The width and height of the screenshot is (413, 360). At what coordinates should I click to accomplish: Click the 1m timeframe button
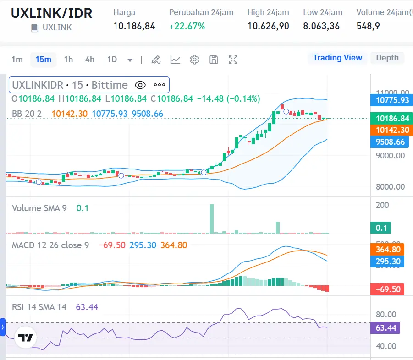[x=17, y=60]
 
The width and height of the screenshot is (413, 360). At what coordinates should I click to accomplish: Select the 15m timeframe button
[x=44, y=60]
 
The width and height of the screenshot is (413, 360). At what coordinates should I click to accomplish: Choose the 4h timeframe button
[x=90, y=60]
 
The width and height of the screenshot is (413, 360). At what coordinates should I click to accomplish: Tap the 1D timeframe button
[x=112, y=60]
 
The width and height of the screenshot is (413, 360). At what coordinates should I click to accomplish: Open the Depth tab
[x=387, y=58]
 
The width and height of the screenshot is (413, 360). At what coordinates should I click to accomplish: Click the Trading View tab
[x=337, y=58]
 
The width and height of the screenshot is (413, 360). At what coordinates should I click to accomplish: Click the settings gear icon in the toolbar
[x=194, y=60]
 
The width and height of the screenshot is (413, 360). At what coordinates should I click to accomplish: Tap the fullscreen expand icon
[x=233, y=60]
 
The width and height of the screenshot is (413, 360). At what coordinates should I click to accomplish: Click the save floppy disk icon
[x=214, y=60]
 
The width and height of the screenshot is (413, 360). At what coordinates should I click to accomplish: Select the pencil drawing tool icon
[x=156, y=60]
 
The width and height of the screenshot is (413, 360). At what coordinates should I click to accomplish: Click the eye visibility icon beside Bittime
[x=140, y=85]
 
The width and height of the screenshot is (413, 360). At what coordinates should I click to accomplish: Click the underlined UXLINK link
[x=57, y=27]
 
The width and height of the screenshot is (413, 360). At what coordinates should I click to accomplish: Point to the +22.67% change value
[x=187, y=26]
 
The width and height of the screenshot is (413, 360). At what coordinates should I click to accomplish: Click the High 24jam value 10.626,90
[x=268, y=26]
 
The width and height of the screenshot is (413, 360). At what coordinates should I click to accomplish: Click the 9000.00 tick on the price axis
[x=391, y=155]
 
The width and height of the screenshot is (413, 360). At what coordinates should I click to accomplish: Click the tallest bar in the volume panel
[x=212, y=218]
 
